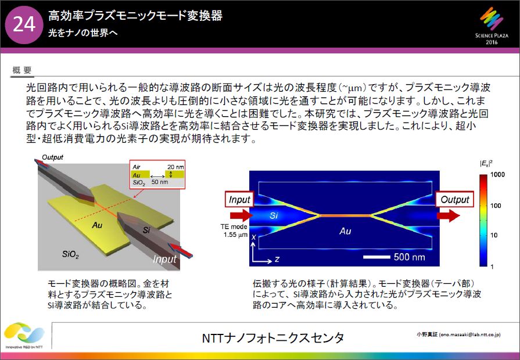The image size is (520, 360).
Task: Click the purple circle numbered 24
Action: point(24,25)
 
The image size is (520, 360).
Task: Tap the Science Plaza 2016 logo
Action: point(492,27)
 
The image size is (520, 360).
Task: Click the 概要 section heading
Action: point(22,70)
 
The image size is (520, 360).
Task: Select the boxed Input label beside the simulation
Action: point(239,200)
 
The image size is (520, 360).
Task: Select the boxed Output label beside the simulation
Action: point(455,200)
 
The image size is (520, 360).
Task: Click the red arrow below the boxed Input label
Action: point(241,215)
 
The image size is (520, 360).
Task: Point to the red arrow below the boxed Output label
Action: point(448,215)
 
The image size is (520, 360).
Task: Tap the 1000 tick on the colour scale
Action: point(497,175)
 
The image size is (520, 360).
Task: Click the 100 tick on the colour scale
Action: point(496,206)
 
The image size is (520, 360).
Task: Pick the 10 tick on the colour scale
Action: point(494,235)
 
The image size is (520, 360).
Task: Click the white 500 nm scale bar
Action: point(376,257)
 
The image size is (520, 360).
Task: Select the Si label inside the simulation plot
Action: point(274,215)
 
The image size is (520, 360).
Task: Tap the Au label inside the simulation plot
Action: point(345,231)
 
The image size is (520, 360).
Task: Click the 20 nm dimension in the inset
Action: point(175,167)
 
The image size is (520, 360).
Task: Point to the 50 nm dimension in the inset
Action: point(160,182)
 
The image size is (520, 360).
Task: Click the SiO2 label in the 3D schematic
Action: point(70,254)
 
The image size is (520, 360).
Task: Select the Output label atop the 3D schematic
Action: point(52,157)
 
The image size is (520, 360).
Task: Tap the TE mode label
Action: point(234,226)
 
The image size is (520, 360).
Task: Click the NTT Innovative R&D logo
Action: point(24,336)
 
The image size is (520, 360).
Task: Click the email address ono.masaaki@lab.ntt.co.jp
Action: point(469,335)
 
